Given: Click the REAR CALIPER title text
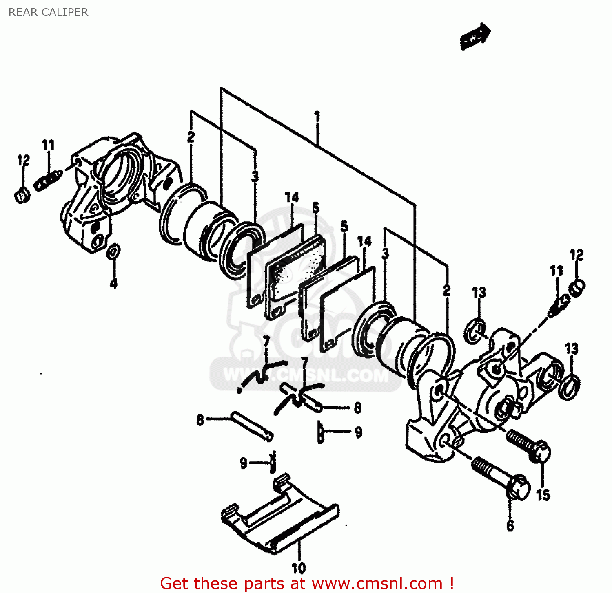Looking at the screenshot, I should pyautogui.click(x=48, y=12).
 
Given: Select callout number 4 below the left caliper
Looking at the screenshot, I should pyautogui.click(x=113, y=282).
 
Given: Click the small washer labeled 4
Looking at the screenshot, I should pyautogui.click(x=113, y=251).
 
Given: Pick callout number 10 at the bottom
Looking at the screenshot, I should pyautogui.click(x=298, y=567).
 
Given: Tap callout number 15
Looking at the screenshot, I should pyautogui.click(x=543, y=495).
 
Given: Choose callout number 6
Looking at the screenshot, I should pyautogui.click(x=510, y=525).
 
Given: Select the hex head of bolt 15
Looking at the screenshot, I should pyautogui.click(x=541, y=452).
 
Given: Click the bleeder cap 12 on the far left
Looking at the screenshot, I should pyautogui.click(x=22, y=195).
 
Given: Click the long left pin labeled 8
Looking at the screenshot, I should pyautogui.click(x=251, y=425).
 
